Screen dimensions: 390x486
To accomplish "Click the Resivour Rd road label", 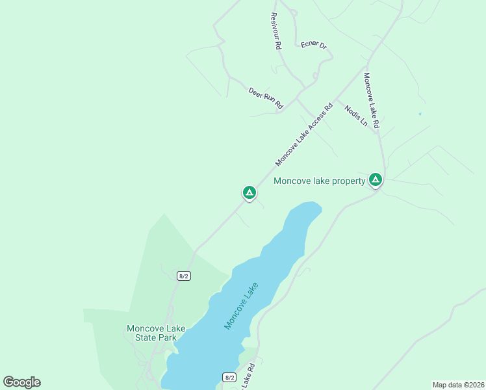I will [x=275, y=31].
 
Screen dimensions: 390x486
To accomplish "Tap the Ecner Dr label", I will [x=313, y=45].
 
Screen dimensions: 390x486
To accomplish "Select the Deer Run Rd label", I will [x=266, y=97].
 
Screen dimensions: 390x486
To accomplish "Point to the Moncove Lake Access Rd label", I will [x=303, y=133].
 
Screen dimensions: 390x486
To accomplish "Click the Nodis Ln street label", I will [x=356, y=115].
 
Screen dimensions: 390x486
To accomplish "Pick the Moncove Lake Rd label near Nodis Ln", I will [x=371, y=99].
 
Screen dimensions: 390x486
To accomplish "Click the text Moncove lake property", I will [x=319, y=181].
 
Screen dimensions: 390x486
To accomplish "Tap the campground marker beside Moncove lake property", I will [x=375, y=179].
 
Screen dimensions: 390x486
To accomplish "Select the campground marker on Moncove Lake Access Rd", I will [x=249, y=192].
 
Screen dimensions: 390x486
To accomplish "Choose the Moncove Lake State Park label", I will [x=151, y=333].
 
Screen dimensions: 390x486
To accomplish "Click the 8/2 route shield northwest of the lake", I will [x=183, y=276].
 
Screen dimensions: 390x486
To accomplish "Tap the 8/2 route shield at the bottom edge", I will [x=229, y=377].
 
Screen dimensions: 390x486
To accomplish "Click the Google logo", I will [x=21, y=382].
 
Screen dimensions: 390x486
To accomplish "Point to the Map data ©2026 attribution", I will [x=457, y=385].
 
